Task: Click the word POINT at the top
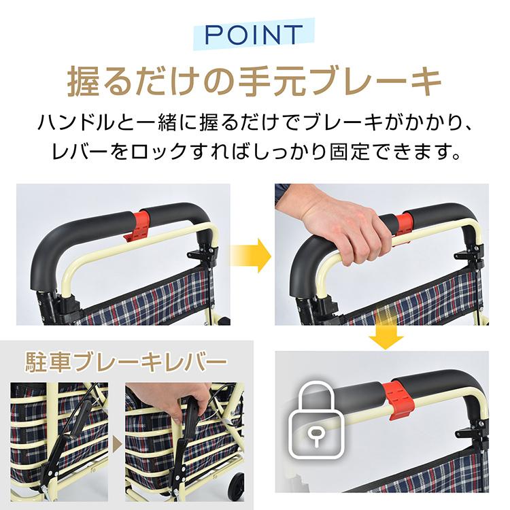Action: pos(254,34)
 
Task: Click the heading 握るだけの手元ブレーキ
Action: pos(254,81)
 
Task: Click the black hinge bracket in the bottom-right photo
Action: pos(469,435)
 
